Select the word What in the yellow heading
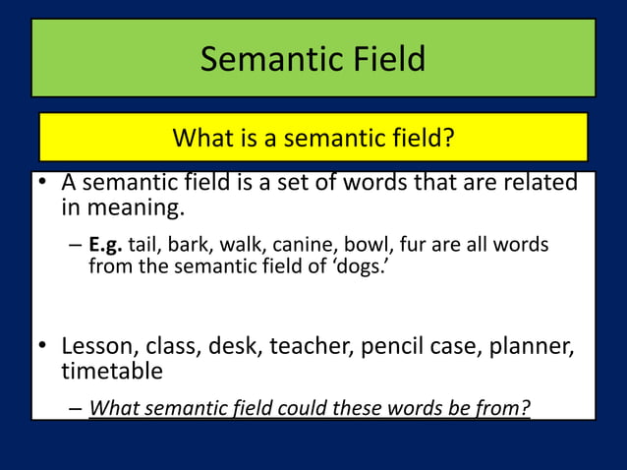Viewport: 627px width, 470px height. coord(201,139)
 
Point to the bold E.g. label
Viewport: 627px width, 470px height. coord(106,244)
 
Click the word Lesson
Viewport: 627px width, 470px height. coord(98,346)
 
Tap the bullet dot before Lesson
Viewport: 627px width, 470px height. coord(43,347)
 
